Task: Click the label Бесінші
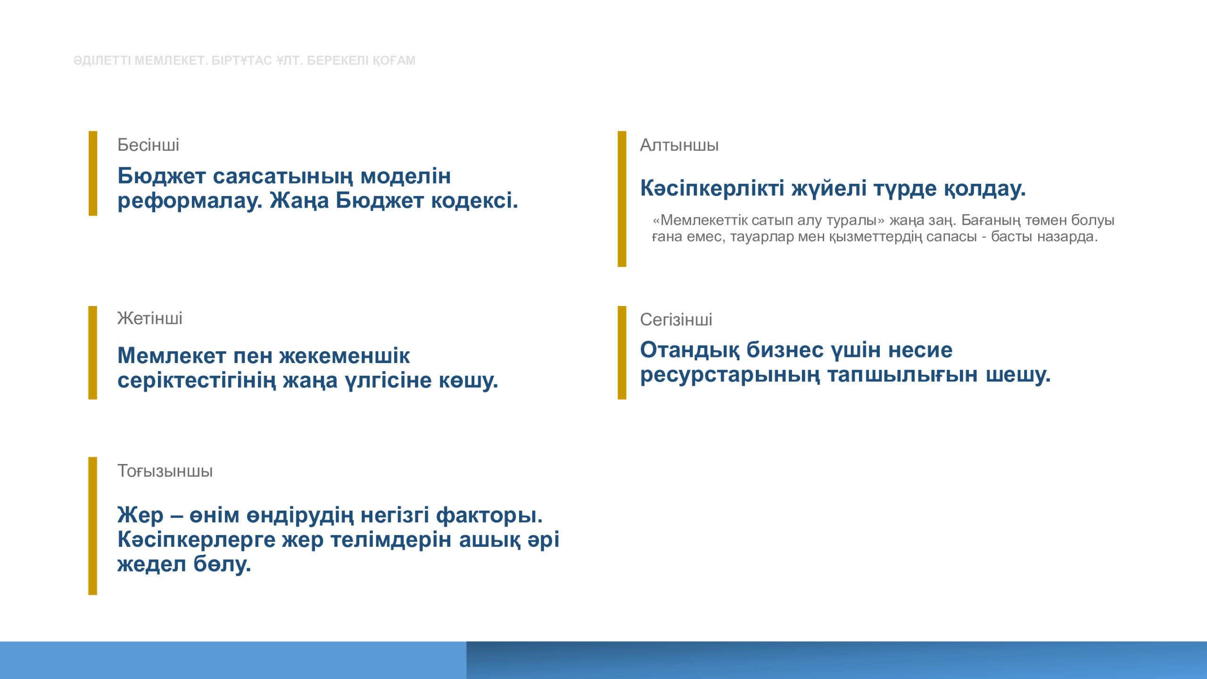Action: click(148, 145)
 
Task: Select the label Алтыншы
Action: click(679, 145)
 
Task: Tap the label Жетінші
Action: click(149, 318)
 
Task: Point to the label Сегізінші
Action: click(676, 320)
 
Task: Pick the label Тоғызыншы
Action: click(165, 471)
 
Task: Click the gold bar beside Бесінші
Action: click(93, 174)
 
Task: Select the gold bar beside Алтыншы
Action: click(622, 199)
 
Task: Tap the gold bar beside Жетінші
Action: click(92, 353)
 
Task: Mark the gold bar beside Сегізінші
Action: click(622, 353)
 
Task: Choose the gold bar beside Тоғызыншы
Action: click(92, 526)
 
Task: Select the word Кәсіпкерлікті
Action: click(712, 188)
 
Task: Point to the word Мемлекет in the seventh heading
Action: click(172, 356)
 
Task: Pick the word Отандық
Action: click(690, 350)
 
